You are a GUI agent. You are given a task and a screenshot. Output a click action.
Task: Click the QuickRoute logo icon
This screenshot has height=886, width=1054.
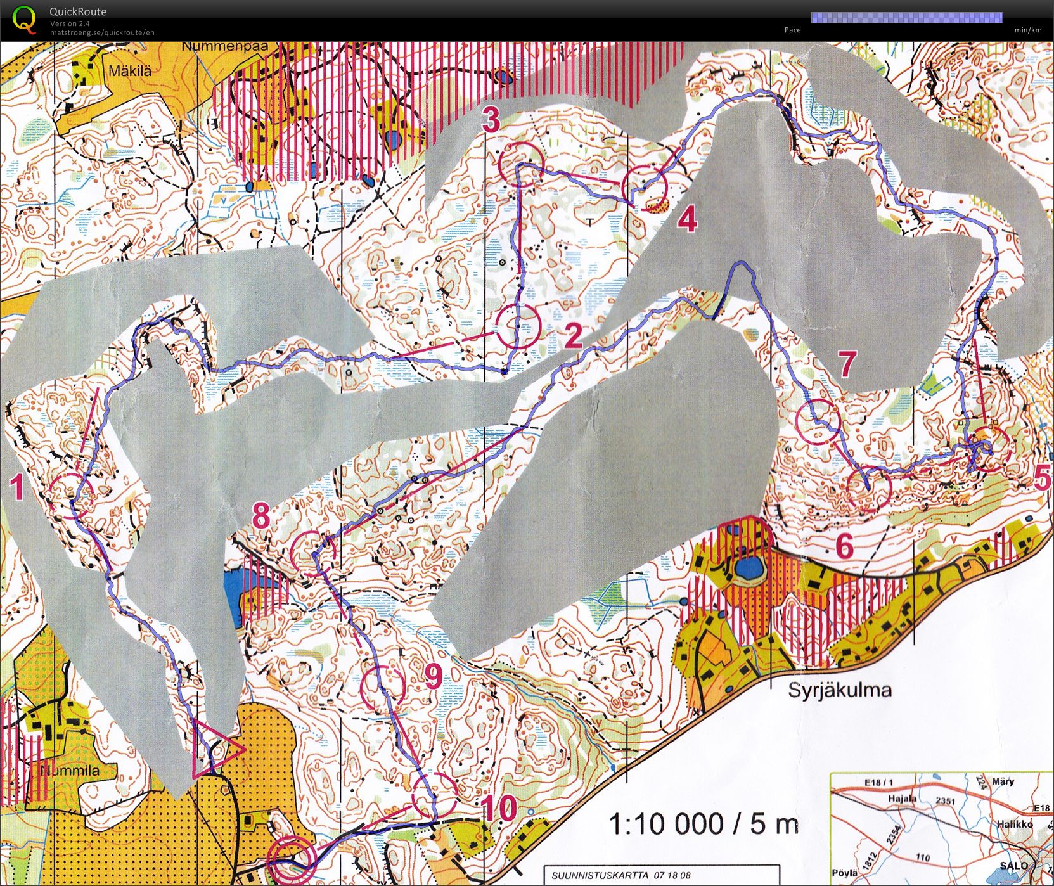(24, 19)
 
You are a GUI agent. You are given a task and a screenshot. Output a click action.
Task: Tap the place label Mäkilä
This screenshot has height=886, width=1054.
(129, 71)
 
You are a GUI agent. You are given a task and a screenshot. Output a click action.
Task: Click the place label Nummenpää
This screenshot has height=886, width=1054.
(225, 47)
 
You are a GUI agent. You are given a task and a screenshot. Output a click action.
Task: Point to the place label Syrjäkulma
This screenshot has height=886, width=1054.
(839, 690)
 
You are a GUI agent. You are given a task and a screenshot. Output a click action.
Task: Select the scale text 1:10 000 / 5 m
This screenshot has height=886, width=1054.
(704, 824)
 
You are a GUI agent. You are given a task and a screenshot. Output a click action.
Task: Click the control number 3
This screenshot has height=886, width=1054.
(491, 120)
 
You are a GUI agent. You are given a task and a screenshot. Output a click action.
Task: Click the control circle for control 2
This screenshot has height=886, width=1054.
(518, 326)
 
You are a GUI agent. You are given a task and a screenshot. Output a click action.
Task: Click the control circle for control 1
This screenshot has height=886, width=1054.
(71, 496)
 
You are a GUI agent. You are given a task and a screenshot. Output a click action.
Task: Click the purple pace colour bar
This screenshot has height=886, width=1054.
(906, 18)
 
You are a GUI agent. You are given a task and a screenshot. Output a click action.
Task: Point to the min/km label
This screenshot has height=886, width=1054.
(1027, 30)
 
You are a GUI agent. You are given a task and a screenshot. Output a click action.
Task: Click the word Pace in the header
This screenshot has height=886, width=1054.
(792, 30)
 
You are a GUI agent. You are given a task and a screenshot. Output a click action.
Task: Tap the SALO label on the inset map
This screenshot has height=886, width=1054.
(1013, 866)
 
